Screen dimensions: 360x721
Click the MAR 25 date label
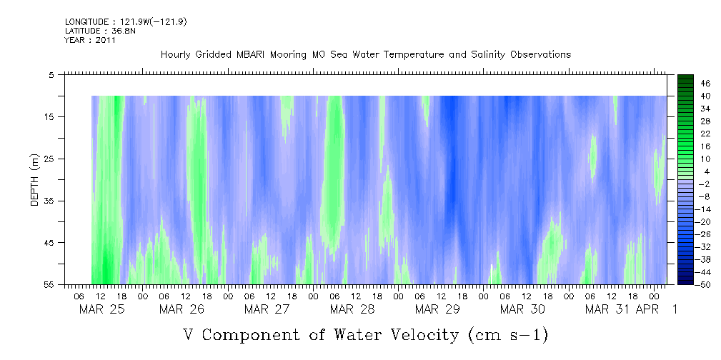click(x=101, y=309)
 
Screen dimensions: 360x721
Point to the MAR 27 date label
click(x=267, y=309)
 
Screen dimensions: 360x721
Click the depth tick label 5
click(x=51, y=74)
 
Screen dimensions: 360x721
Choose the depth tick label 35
click(x=49, y=201)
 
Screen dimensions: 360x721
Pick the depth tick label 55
click(x=49, y=285)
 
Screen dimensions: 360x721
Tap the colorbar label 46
click(x=705, y=84)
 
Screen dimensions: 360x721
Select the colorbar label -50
click(x=703, y=284)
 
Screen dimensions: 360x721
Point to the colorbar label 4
click(x=706, y=171)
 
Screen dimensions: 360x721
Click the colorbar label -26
click(x=703, y=234)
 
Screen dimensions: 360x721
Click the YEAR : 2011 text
click(x=90, y=40)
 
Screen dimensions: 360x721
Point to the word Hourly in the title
click(x=176, y=54)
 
